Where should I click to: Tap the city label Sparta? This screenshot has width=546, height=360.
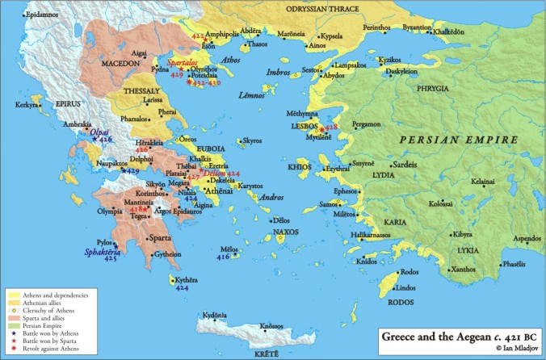click(x=163, y=239)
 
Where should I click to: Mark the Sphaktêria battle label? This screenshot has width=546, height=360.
click(x=103, y=251)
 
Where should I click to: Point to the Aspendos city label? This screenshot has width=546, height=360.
click(x=523, y=241)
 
